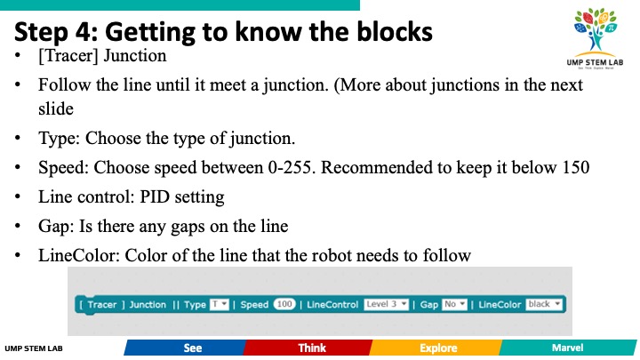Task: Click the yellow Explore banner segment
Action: click(x=436, y=348)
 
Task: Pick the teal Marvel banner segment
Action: click(x=568, y=348)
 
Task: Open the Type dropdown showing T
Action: click(x=220, y=305)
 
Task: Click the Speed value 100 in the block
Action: click(x=284, y=305)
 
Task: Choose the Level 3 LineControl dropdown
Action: click(x=386, y=305)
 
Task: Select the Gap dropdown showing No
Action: click(x=454, y=305)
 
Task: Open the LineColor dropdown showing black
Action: click(x=544, y=305)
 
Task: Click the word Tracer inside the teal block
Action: click(x=102, y=305)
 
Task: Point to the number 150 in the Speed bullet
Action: click(x=575, y=167)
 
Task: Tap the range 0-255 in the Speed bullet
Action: click(x=292, y=167)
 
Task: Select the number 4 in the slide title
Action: click(x=84, y=32)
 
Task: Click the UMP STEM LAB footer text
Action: click(x=34, y=348)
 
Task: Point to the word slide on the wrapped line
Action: click(x=56, y=109)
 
